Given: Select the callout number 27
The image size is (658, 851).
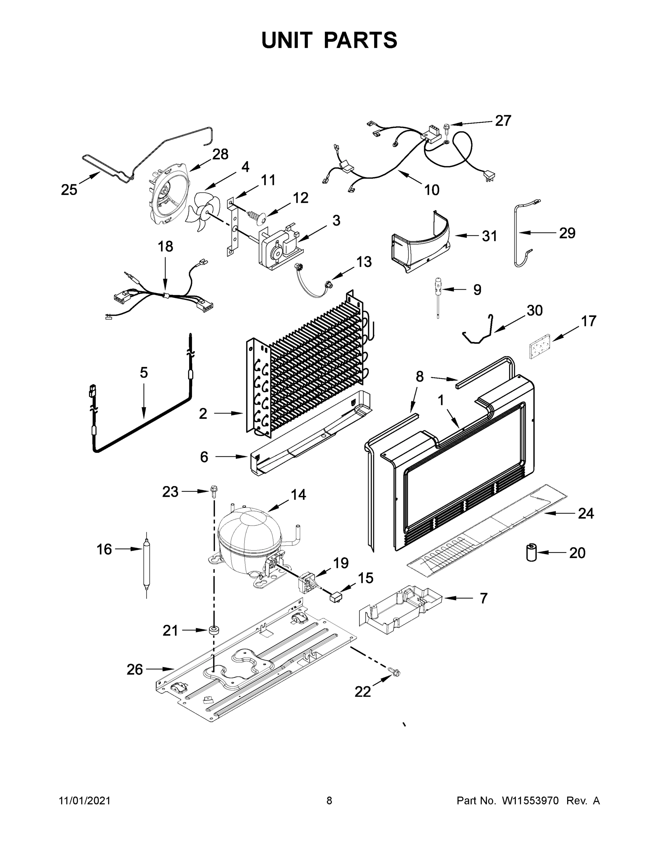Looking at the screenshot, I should pos(503,121).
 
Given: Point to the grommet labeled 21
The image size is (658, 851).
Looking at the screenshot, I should pos(213,630).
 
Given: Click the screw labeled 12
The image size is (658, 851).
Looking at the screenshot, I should pos(257,214).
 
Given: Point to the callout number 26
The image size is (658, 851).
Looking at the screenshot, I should pos(135,669).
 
